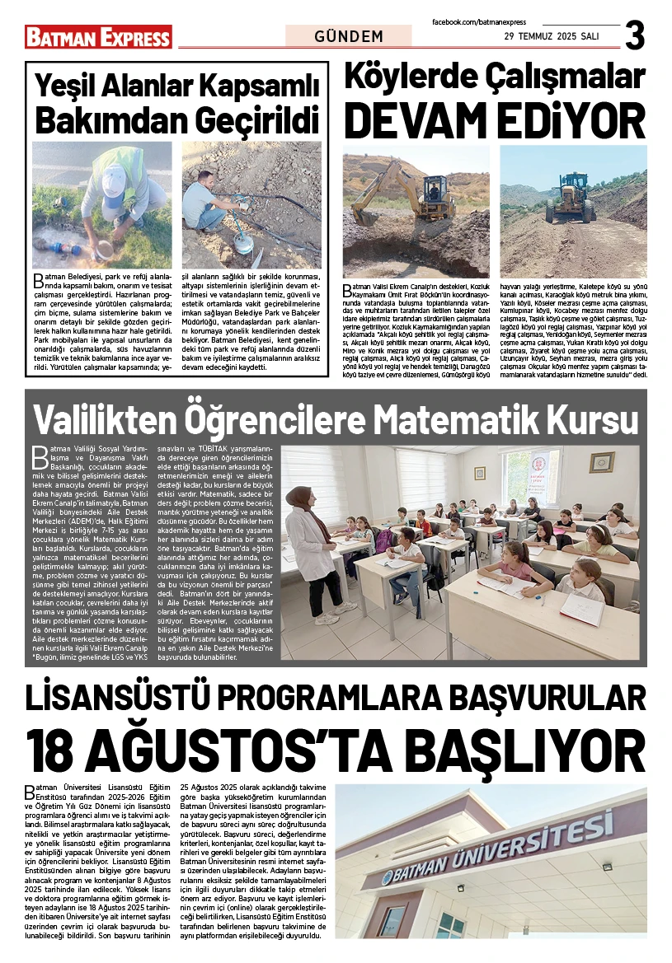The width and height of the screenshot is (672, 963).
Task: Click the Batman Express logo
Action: (98, 36)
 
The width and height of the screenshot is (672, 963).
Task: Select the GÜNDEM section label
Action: (349, 36)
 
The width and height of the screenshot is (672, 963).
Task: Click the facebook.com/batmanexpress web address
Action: (479, 21)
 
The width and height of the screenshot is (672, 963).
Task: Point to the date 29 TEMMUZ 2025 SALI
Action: (552, 37)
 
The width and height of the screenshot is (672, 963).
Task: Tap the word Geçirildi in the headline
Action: (257, 120)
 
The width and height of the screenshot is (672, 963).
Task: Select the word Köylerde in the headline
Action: (414, 76)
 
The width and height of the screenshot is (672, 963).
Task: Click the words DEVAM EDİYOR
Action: (494, 120)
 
